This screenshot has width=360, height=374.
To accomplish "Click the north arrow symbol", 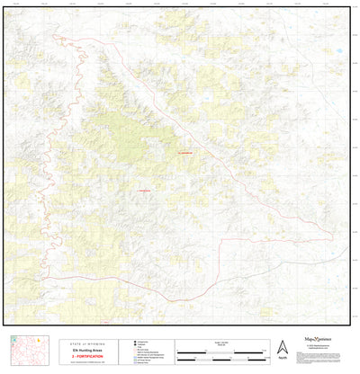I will click(283, 346).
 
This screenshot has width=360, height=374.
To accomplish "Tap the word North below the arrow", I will click(283, 358).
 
